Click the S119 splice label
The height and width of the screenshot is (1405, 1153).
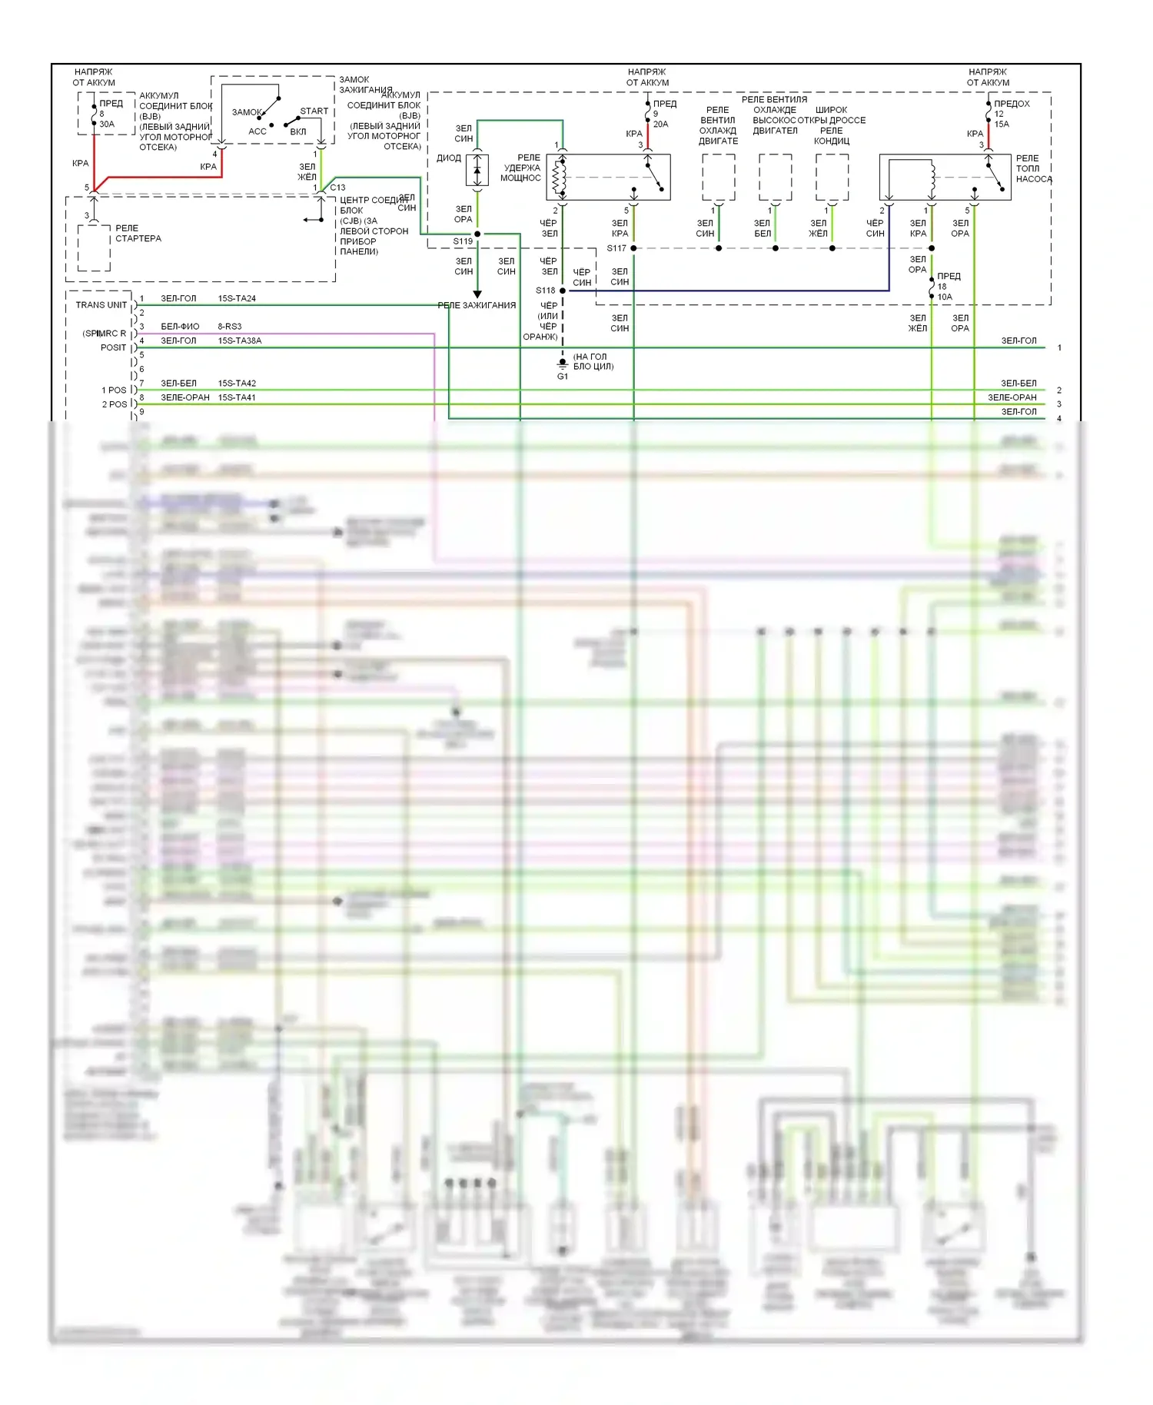463,241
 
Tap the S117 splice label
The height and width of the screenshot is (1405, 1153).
616,248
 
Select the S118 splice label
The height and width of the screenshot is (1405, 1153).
545,291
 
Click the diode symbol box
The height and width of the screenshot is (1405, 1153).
477,170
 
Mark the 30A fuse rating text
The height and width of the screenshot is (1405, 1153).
107,124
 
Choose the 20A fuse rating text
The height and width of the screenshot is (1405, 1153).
661,124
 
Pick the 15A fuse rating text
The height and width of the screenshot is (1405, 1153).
1002,124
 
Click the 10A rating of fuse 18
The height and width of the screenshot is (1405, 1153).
945,297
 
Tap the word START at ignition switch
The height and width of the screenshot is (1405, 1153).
314,111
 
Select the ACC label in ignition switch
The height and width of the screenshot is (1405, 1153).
258,131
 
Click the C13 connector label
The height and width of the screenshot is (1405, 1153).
337,187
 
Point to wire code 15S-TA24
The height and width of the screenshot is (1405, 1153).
237,298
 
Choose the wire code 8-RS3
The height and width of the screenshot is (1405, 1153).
229,327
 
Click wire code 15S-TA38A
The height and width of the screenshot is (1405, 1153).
239,340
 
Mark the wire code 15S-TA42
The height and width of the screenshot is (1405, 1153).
237,383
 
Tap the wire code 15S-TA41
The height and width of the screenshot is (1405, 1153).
237,397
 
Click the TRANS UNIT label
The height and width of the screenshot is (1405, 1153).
101,305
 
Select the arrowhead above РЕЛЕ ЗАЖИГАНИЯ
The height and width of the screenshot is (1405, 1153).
477,294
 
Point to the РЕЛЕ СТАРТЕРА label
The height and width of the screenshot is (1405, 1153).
138,234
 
